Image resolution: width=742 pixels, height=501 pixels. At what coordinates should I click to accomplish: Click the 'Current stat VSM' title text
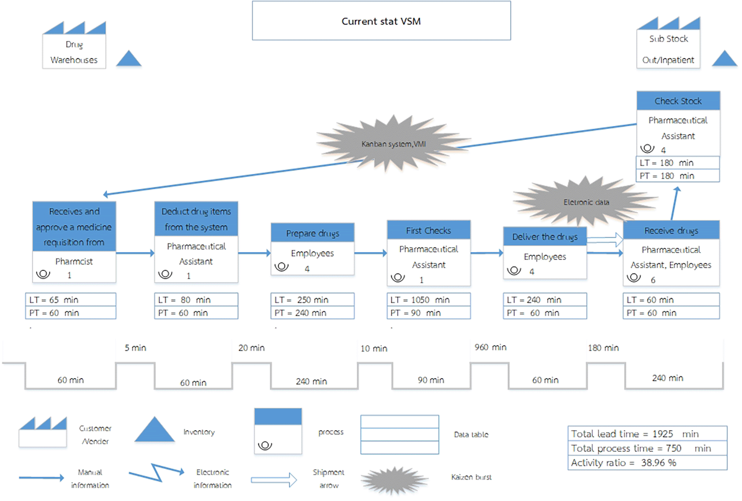[x=381, y=21]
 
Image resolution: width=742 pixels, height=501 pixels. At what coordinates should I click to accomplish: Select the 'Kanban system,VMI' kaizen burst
[x=393, y=144]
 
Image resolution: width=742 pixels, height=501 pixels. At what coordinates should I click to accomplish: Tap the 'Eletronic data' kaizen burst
[x=586, y=202]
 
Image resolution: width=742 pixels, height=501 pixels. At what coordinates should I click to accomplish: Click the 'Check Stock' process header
[x=678, y=101]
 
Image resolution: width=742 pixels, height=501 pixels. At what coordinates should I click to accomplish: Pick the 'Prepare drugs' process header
[x=312, y=233]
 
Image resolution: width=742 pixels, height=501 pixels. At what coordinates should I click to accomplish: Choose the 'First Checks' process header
[x=428, y=230]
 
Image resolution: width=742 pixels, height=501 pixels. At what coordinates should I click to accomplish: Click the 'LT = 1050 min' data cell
[x=428, y=300]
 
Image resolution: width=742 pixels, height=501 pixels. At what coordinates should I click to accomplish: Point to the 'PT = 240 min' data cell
[x=312, y=313]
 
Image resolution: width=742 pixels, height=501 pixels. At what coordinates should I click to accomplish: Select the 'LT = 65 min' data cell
[x=70, y=300]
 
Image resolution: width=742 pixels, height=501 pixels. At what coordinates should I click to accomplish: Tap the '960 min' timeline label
[x=490, y=347]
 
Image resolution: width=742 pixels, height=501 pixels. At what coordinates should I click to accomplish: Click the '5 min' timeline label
[x=135, y=348]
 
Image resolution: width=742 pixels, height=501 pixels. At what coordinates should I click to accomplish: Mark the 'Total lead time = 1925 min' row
[x=647, y=433]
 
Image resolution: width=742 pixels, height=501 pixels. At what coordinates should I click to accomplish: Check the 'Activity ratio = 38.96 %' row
[x=647, y=462]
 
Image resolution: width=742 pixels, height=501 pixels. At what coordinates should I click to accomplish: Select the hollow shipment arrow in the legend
[x=274, y=480]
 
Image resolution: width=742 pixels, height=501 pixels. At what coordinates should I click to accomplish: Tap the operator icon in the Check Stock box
[x=647, y=149]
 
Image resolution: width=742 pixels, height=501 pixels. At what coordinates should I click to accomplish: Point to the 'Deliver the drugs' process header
[x=545, y=237]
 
